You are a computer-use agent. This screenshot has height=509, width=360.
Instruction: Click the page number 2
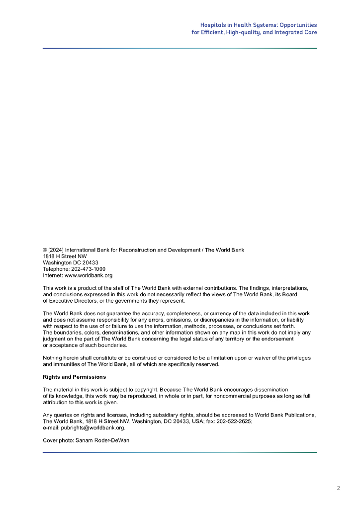pos(338,488)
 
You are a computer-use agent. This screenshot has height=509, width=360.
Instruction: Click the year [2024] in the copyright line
pos(56,250)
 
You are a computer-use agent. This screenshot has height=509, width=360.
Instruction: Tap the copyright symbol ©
pos(45,250)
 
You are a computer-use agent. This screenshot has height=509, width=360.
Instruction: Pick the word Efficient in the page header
pos(211,32)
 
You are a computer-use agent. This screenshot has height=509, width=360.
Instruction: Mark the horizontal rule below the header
pos(180,48)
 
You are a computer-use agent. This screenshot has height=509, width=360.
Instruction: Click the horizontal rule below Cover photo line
pos(180,452)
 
